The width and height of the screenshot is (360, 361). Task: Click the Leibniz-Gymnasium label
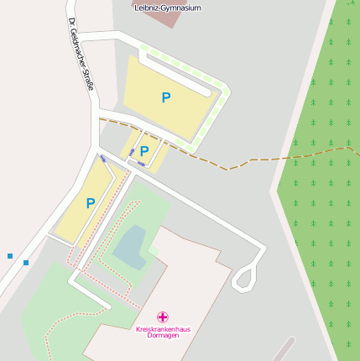[168, 7]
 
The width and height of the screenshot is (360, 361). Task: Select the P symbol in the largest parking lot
[166, 97]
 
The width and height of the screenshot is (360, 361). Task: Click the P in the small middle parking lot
[144, 151]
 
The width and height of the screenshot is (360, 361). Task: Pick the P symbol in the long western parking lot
[90, 203]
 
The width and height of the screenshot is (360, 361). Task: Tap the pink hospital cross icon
[163, 318]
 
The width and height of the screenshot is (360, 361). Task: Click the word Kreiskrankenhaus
[163, 329]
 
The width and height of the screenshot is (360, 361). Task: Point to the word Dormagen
[163, 336]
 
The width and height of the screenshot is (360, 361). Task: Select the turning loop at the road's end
[244, 277]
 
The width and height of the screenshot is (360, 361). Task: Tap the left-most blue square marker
[10, 255]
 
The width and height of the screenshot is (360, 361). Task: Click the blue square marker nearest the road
[26, 263]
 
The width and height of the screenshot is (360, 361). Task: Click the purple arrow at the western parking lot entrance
[103, 158]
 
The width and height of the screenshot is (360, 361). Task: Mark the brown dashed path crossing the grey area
[252, 159]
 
